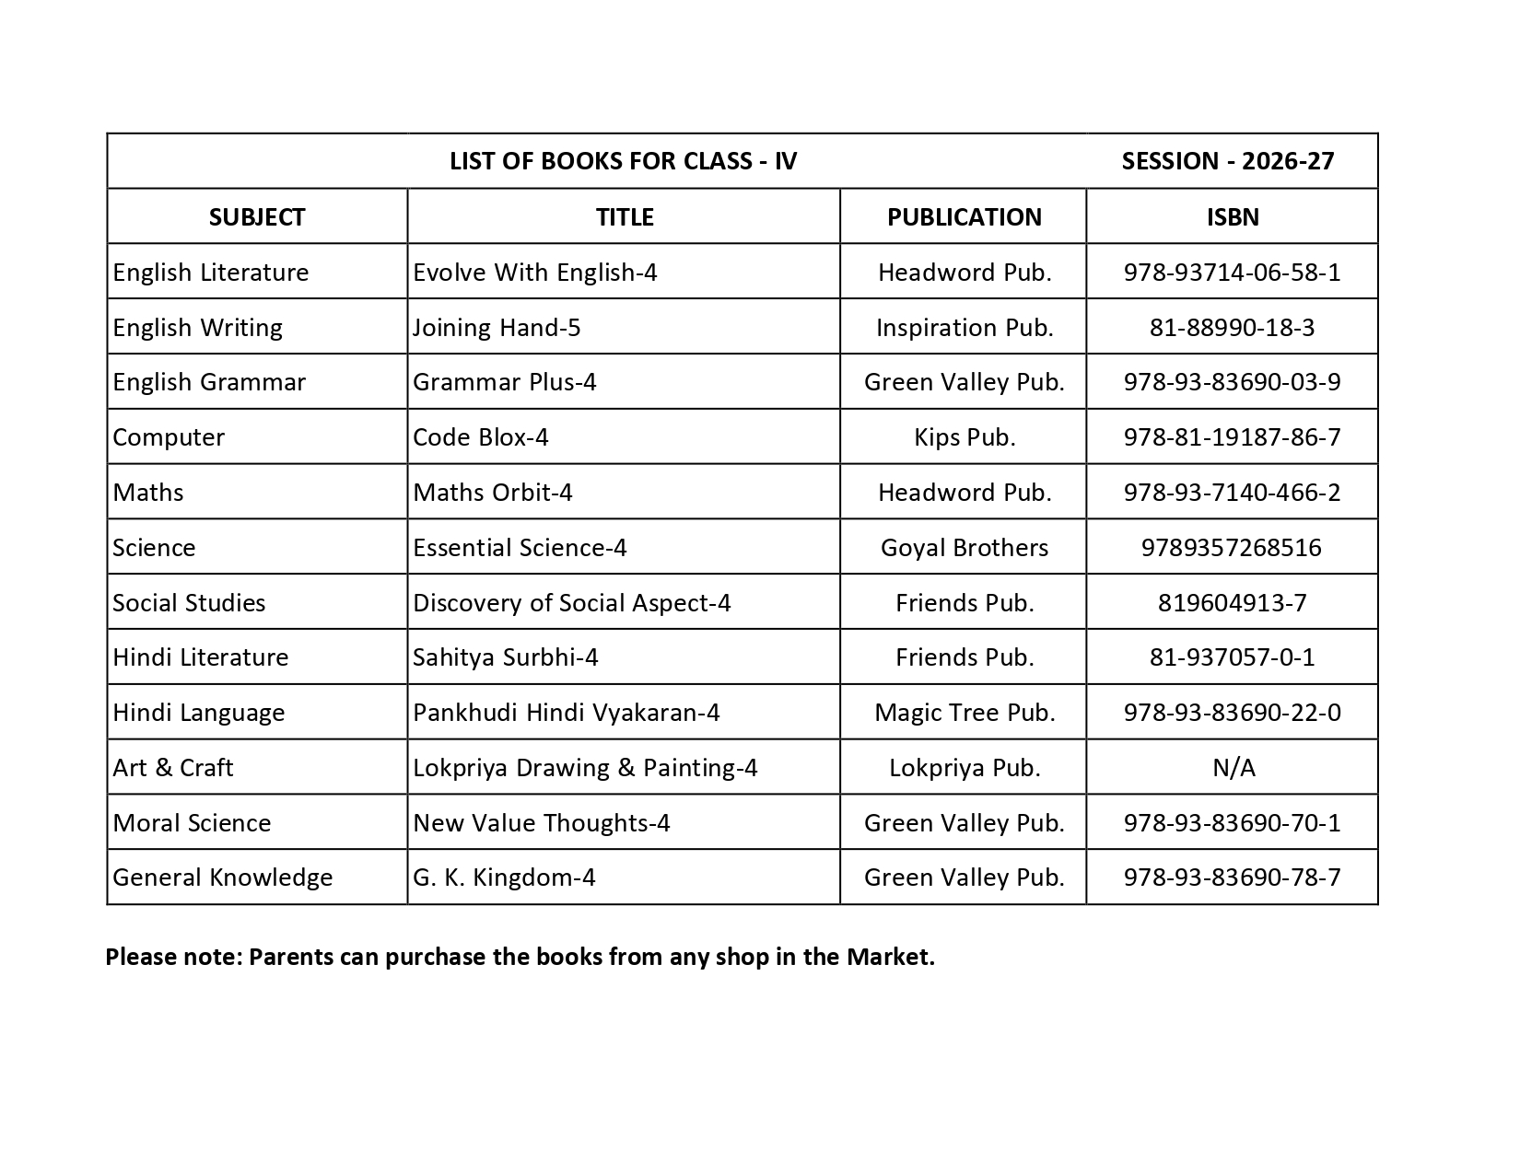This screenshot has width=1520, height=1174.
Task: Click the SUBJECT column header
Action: (x=256, y=216)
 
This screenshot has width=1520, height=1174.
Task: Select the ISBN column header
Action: (x=1232, y=216)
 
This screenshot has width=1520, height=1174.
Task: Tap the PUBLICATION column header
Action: (x=964, y=216)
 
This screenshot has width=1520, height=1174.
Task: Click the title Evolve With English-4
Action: (x=534, y=272)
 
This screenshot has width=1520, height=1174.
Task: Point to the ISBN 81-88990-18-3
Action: (x=1232, y=327)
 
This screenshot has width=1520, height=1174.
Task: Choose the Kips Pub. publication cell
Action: (x=964, y=436)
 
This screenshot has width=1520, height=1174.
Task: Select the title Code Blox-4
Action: (x=480, y=436)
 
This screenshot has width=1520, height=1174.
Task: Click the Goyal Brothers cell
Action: (x=964, y=547)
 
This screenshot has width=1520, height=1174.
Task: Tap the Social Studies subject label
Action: (x=189, y=602)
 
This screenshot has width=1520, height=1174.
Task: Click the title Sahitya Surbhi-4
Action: (x=505, y=657)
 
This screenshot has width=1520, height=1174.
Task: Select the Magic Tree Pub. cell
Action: (x=964, y=712)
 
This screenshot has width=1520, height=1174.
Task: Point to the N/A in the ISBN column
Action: (x=1233, y=767)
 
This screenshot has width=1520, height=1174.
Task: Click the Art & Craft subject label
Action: (x=172, y=767)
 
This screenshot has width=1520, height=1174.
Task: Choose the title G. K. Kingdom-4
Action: (x=504, y=877)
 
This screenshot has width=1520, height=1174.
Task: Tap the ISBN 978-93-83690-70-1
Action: (x=1232, y=822)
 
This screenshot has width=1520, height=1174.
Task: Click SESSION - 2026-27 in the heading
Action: (x=1227, y=161)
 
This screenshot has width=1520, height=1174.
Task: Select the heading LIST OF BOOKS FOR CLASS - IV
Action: (x=623, y=161)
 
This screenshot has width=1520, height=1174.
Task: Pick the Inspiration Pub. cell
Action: (x=964, y=327)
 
